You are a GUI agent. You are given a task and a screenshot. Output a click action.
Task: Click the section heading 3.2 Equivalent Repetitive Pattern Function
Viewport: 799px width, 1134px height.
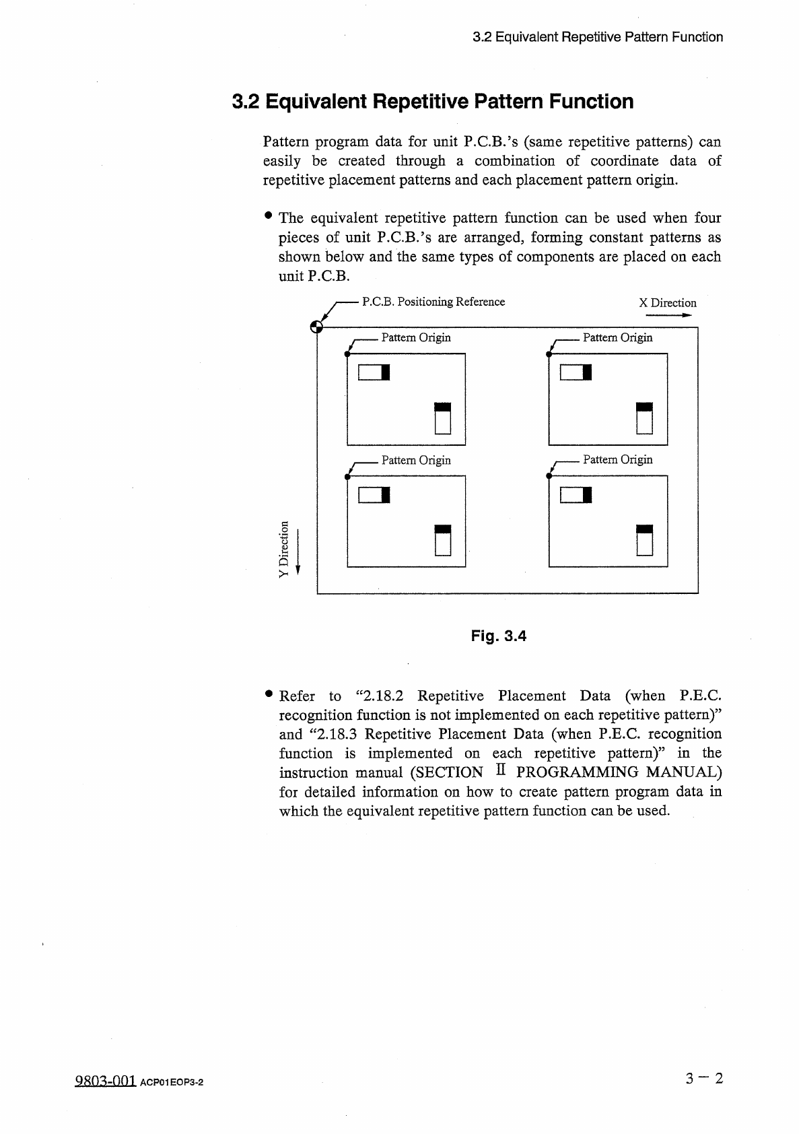[x=432, y=102]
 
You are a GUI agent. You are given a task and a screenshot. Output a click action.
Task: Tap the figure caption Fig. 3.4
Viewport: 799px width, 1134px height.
[x=498, y=636]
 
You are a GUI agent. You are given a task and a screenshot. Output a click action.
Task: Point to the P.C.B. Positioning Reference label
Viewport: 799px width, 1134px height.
[x=433, y=302]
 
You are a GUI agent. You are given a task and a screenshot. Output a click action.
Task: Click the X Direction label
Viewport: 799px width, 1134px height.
[x=667, y=303]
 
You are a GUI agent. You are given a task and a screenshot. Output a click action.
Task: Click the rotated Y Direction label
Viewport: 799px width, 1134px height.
[x=284, y=548]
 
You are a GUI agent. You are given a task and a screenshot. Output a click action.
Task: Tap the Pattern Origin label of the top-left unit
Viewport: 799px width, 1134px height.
[x=415, y=337]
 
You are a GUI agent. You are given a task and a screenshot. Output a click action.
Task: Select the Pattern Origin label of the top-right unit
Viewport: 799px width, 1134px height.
[x=617, y=337]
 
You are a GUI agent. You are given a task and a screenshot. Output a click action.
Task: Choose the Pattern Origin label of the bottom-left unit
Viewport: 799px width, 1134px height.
[x=415, y=461]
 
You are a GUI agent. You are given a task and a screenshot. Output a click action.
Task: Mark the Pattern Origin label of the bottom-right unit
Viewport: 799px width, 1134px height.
[x=617, y=460]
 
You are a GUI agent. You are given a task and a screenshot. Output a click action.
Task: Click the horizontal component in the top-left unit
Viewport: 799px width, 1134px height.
[x=374, y=372]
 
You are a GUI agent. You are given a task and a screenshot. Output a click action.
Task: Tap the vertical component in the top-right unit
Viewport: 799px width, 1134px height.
[x=645, y=418]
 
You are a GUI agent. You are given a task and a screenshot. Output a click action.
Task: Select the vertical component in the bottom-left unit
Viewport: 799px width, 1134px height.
[x=442, y=539]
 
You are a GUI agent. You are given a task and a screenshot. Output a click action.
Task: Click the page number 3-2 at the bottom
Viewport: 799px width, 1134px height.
[x=704, y=1079]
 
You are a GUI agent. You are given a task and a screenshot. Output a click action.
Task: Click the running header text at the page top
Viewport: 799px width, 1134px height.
[x=598, y=37]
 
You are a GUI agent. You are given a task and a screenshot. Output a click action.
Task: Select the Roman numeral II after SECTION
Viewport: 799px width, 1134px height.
[x=500, y=772]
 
